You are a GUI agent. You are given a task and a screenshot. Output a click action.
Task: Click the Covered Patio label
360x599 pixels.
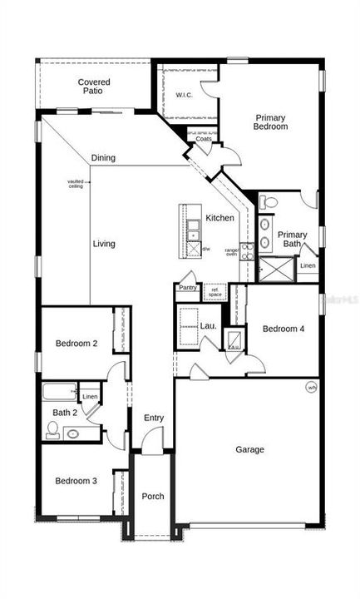[93, 87]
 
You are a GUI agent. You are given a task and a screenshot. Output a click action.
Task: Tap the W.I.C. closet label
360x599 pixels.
[184, 94]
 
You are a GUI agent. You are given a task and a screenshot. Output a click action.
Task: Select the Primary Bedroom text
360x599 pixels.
[271, 122]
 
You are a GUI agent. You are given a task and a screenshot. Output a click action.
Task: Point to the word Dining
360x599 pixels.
[104, 158]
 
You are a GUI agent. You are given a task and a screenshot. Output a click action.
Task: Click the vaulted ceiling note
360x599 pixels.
[76, 184]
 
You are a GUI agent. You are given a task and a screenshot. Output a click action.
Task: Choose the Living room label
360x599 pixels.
[104, 244]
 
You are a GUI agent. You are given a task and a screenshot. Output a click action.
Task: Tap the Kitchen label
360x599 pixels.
[220, 218]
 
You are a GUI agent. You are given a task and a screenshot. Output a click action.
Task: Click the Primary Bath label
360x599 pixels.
[292, 239]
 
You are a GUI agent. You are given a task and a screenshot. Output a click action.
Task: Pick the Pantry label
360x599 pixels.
[188, 288]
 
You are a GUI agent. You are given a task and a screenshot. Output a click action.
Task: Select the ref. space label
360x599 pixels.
[215, 292]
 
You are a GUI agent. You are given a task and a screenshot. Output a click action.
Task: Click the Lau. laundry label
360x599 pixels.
[208, 325]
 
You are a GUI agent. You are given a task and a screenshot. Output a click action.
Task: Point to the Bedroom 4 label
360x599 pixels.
[284, 329]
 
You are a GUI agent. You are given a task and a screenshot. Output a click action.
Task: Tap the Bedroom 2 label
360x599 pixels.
[76, 344]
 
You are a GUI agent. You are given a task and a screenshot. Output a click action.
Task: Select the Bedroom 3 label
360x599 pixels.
[76, 481]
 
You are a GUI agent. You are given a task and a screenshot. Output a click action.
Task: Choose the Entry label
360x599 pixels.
[154, 418]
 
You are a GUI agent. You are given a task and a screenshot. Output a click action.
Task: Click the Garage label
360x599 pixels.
[249, 449]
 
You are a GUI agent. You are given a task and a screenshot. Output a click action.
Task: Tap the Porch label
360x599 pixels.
[152, 497]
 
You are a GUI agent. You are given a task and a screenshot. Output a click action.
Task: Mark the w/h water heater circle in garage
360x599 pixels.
[312, 387]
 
